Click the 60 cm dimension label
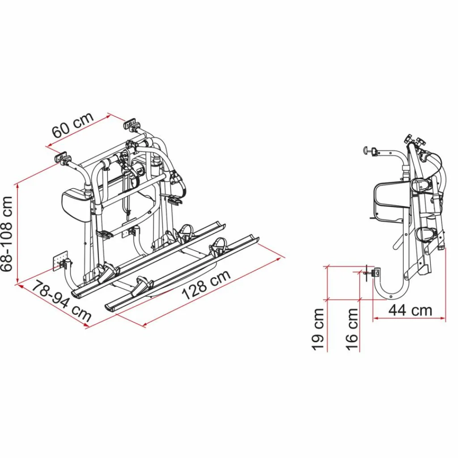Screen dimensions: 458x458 (x=73, y=125)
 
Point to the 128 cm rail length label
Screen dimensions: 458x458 (x=206, y=286)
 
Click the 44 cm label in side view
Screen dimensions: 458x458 (x=410, y=310)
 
